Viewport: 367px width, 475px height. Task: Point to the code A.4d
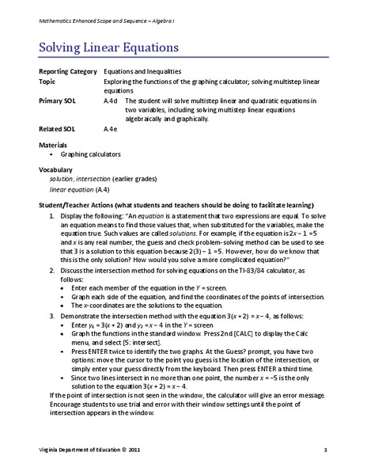pyautogui.click(x=111, y=101)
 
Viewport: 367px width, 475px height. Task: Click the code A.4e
pyautogui.click(x=111, y=127)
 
